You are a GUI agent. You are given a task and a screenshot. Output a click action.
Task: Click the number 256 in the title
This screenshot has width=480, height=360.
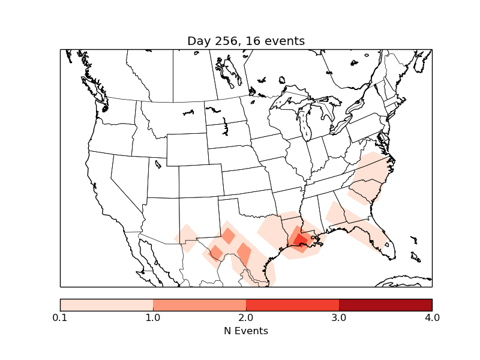(x=224, y=41)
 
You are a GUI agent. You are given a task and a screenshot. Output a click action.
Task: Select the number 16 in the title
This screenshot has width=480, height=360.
(x=253, y=41)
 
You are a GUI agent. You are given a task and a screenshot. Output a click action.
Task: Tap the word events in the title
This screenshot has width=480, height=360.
(x=284, y=41)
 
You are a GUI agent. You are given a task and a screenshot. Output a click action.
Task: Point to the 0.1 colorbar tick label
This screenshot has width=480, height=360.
(x=60, y=317)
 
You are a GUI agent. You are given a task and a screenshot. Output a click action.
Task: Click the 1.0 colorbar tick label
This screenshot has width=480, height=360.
(x=153, y=317)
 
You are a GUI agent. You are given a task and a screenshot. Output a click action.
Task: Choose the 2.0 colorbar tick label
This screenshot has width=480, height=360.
(x=246, y=317)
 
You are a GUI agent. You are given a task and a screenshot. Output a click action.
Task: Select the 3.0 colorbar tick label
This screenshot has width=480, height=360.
(x=339, y=317)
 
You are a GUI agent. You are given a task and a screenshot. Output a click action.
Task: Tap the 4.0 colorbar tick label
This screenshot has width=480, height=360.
(x=432, y=317)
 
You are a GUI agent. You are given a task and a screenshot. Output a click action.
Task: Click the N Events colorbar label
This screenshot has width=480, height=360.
(x=246, y=331)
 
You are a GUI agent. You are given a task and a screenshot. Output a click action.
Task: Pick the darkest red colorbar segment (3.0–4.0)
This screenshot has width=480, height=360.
(x=385, y=305)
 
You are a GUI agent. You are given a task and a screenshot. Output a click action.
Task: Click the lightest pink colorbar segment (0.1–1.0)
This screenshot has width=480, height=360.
(x=107, y=305)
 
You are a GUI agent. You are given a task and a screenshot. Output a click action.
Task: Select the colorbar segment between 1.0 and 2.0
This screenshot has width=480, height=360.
(x=199, y=305)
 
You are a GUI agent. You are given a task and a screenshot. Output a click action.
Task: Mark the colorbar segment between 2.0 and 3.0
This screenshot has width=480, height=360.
(x=292, y=305)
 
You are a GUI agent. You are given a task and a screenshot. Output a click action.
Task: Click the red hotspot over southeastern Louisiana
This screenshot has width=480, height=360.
(x=299, y=241)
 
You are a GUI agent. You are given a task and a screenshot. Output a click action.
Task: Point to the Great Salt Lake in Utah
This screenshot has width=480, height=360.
(x=158, y=163)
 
